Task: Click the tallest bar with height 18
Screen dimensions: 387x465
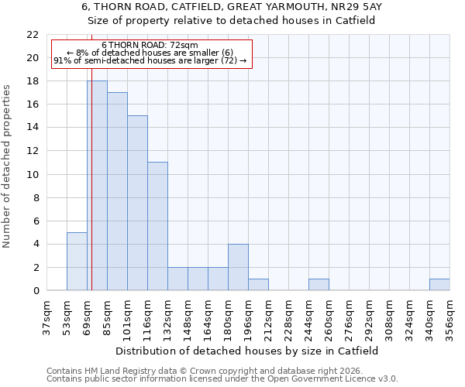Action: pos(97,186)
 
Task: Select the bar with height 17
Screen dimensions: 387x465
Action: pos(117,191)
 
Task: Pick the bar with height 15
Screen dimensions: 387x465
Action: pos(137,203)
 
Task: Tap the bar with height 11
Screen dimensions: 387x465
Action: pos(157,226)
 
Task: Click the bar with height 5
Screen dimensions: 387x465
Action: pos(77,262)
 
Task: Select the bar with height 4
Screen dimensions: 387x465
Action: pos(238,267)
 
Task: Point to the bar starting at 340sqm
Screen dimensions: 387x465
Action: pos(439,285)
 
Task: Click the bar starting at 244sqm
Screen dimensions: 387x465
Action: pos(319,285)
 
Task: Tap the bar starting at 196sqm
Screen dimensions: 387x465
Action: pos(258,285)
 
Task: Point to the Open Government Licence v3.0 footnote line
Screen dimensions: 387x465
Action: pos(222,378)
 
